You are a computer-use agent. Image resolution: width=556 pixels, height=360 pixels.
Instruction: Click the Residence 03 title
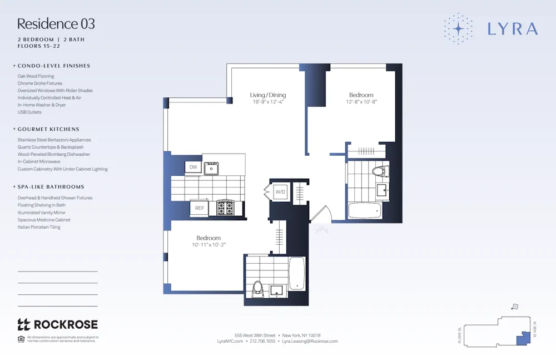pyautogui.click(x=56, y=24)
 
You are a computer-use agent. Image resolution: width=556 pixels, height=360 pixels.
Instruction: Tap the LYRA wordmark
pyautogui.click(x=512, y=29)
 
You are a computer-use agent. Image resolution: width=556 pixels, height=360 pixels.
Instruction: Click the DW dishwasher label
pyautogui.click(x=193, y=167)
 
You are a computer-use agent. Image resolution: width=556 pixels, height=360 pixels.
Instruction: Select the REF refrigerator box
pyautogui.click(x=198, y=208)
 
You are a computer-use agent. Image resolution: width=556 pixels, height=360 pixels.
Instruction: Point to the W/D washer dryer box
pyautogui.click(x=281, y=192)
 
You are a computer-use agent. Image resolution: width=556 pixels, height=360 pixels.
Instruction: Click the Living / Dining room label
pyautogui.click(x=268, y=95)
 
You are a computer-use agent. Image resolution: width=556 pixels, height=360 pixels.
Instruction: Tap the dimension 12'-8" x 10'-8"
pyautogui.click(x=361, y=102)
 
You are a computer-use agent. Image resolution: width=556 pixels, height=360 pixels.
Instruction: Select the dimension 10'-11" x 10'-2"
pyautogui.click(x=209, y=245)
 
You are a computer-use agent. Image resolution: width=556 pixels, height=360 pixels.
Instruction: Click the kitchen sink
pyautogui.click(x=211, y=168)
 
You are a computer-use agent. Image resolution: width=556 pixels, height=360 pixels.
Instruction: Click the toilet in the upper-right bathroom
pyautogui.click(x=379, y=171)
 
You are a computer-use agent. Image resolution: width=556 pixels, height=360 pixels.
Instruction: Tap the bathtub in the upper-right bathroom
pyautogui.click(x=365, y=211)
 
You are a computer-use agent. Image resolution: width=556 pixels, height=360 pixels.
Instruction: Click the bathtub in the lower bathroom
pyautogui.click(x=297, y=273)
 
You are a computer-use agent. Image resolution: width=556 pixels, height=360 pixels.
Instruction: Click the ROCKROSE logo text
pyautogui.click(x=66, y=324)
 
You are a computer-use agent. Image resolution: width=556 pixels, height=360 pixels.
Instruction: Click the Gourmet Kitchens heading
pyautogui.click(x=48, y=129)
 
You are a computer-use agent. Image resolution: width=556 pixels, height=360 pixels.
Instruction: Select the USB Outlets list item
pyautogui.click(x=29, y=112)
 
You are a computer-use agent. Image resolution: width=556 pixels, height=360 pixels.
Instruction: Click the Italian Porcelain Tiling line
pyautogui.click(x=39, y=227)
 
